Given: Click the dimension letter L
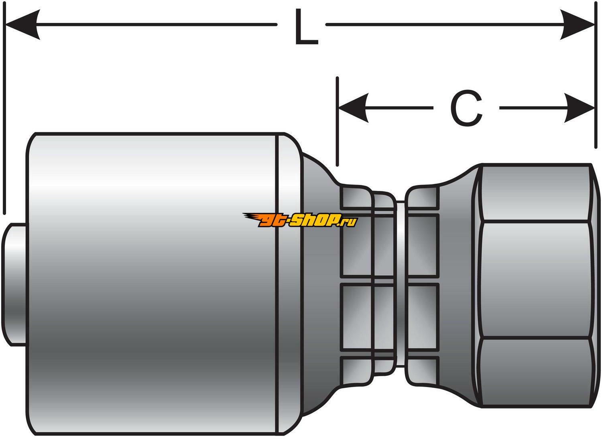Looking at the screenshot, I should click(306, 27).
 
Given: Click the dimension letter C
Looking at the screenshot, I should click(466, 108).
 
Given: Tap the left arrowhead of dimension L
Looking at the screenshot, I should click(22, 25).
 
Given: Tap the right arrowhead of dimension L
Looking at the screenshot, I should click(578, 25).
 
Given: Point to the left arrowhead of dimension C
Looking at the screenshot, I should click(353, 108).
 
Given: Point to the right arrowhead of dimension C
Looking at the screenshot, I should click(580, 108).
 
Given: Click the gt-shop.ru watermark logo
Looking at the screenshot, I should click(300, 220).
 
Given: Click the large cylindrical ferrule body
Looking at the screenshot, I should click(153, 281).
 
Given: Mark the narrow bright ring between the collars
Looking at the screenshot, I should click(400, 281).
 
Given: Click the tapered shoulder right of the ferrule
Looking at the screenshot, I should click(317, 281).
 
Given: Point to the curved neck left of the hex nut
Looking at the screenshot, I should click(458, 281).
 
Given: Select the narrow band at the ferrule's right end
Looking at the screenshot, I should click(288, 281).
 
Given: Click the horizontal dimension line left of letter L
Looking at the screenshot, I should click(157, 25).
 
